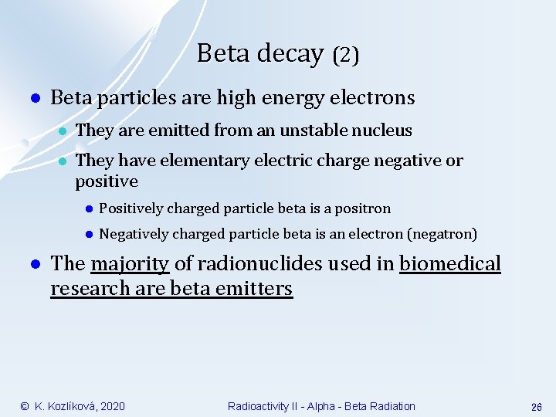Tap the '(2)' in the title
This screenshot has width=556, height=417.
point(345,55)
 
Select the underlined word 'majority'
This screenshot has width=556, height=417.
point(130,264)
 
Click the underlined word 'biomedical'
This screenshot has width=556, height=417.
point(450,264)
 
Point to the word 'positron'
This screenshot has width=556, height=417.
point(364,208)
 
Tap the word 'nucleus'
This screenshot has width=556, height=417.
point(384,131)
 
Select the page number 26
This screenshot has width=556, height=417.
point(537,407)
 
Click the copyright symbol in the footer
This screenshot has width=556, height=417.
point(25,406)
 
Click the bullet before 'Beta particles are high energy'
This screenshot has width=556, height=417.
point(33,99)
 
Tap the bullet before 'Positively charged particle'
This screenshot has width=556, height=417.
point(89,208)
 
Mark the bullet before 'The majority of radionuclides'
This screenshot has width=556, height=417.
point(33,265)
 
